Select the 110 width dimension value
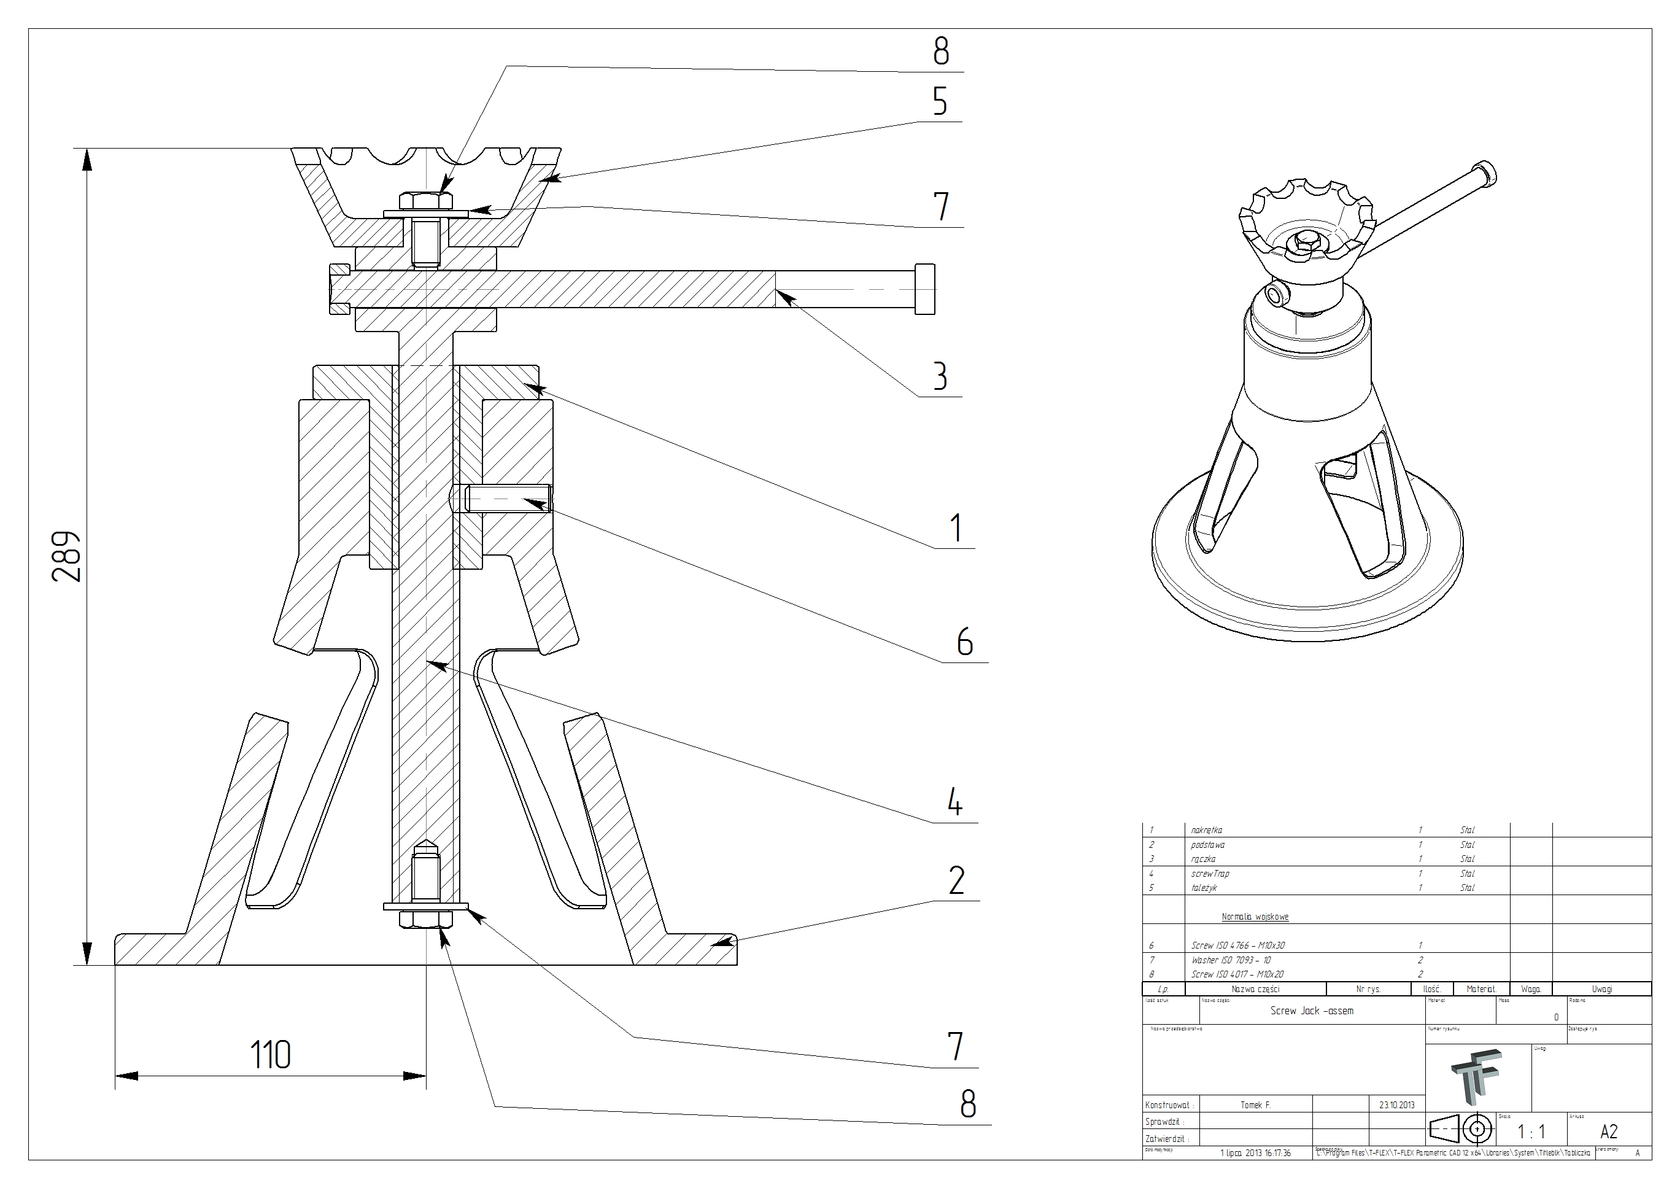click(x=270, y=1055)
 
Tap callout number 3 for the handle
click(x=940, y=376)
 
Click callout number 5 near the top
click(x=940, y=102)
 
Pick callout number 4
click(x=954, y=803)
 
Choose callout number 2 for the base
click(x=956, y=880)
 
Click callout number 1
click(x=955, y=528)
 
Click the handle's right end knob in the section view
click(x=925, y=289)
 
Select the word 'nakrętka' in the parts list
click(x=1207, y=830)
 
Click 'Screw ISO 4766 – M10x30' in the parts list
click(x=1237, y=945)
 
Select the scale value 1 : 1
click(x=1531, y=1132)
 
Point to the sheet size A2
click(x=1609, y=1132)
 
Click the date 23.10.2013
click(x=1397, y=1105)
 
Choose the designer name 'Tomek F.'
click(x=1256, y=1105)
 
